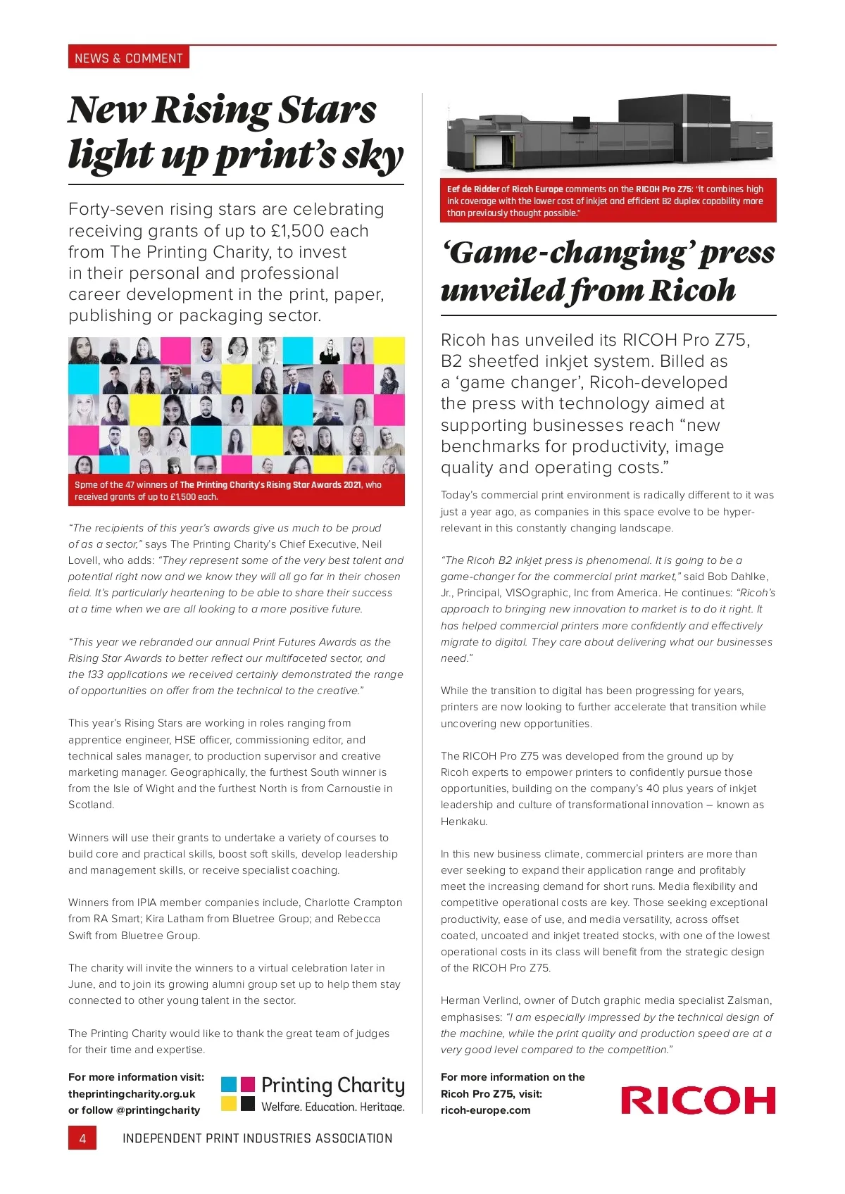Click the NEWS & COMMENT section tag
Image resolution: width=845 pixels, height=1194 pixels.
point(129,58)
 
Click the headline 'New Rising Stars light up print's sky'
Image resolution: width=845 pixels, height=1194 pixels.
point(235,132)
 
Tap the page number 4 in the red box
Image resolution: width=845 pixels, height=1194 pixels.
point(82,1138)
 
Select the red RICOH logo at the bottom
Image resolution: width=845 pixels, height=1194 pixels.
point(698,1100)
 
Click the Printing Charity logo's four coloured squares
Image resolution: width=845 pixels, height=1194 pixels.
point(238,1093)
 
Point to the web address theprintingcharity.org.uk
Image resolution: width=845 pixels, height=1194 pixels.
point(132,1093)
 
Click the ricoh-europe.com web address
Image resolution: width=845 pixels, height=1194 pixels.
point(485,1110)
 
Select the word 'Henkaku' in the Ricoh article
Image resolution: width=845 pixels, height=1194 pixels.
point(464,822)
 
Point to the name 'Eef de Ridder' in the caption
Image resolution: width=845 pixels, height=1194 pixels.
point(473,189)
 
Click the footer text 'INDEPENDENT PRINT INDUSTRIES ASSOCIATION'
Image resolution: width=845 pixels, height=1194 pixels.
point(257,1138)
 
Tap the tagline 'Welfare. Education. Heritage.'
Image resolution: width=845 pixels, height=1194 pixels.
point(333,1107)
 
